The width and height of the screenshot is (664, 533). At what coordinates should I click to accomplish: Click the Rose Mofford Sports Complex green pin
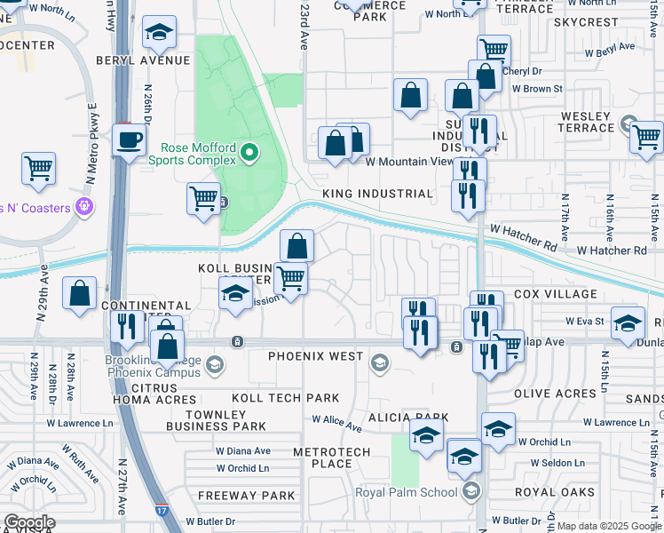point(249,153)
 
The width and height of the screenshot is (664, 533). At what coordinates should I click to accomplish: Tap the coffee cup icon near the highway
point(129,140)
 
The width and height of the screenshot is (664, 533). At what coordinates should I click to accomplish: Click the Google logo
point(29,522)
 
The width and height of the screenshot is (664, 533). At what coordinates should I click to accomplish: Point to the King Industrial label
point(377,194)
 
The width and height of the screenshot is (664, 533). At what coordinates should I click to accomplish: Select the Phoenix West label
point(316,357)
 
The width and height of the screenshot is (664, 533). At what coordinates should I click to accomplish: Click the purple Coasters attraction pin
point(84,207)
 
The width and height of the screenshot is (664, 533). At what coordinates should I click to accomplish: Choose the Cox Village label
point(555,294)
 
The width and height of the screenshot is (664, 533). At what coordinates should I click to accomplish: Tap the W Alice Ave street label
point(336,424)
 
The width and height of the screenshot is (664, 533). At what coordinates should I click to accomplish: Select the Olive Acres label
point(554,393)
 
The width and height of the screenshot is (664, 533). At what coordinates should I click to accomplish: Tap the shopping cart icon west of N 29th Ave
point(38,168)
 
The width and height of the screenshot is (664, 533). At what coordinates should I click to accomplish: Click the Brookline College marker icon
point(214,364)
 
